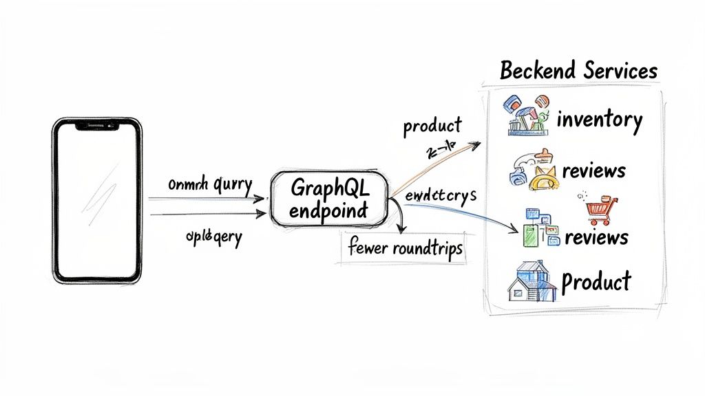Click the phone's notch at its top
point(97,126)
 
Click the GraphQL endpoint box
point(329,198)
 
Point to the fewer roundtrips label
point(403,250)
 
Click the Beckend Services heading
point(578,70)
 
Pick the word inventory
point(600,120)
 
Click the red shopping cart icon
point(598,209)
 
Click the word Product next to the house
point(596,280)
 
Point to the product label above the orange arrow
point(432,126)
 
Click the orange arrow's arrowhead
point(476,144)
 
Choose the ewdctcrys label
point(439,195)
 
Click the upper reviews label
point(594,170)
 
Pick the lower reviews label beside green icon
point(596,237)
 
